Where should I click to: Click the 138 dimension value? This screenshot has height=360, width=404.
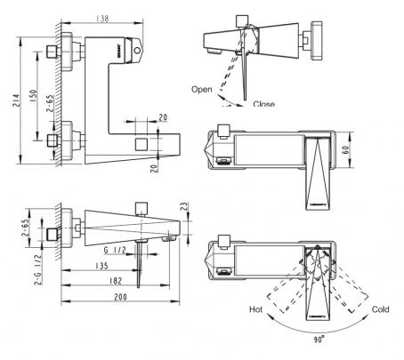pos(102,19)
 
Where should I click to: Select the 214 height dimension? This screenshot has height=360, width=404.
pos(16,100)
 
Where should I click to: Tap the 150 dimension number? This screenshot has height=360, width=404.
pos(33,96)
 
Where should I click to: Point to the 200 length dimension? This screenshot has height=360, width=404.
pos(120,297)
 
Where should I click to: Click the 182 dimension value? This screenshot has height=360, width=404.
pos(116,281)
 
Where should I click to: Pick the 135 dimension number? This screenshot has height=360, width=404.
pos(101,266)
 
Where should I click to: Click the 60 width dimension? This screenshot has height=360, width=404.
pos(345,149)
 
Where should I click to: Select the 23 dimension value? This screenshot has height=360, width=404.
pos(184,206)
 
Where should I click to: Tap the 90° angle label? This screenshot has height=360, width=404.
pos(319,340)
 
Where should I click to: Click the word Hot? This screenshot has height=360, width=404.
pos(255,309)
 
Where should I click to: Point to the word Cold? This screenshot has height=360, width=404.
pos(380,309)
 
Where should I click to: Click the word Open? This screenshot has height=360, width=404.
pos(202,89)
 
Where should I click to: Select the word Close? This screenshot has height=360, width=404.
pos(263,103)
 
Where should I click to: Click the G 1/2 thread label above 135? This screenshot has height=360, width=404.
pos(115,250)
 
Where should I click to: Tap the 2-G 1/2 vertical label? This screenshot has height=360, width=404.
pos(38,269)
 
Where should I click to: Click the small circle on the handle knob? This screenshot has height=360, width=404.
pos(137,51)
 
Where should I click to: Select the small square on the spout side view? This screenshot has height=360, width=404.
pos(141,144)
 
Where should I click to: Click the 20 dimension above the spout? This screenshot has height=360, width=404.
pos(163,117)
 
